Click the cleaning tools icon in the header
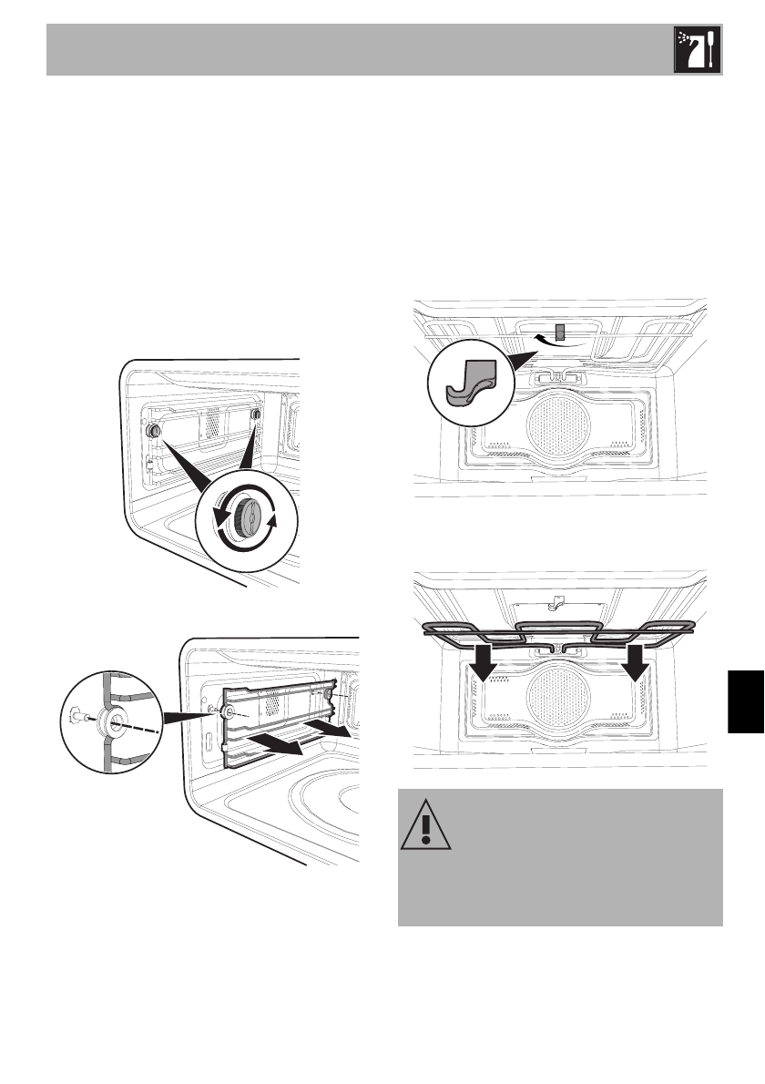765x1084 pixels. click(698, 50)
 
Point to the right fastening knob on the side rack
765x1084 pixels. click(256, 415)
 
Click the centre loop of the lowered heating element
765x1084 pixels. click(558, 632)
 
